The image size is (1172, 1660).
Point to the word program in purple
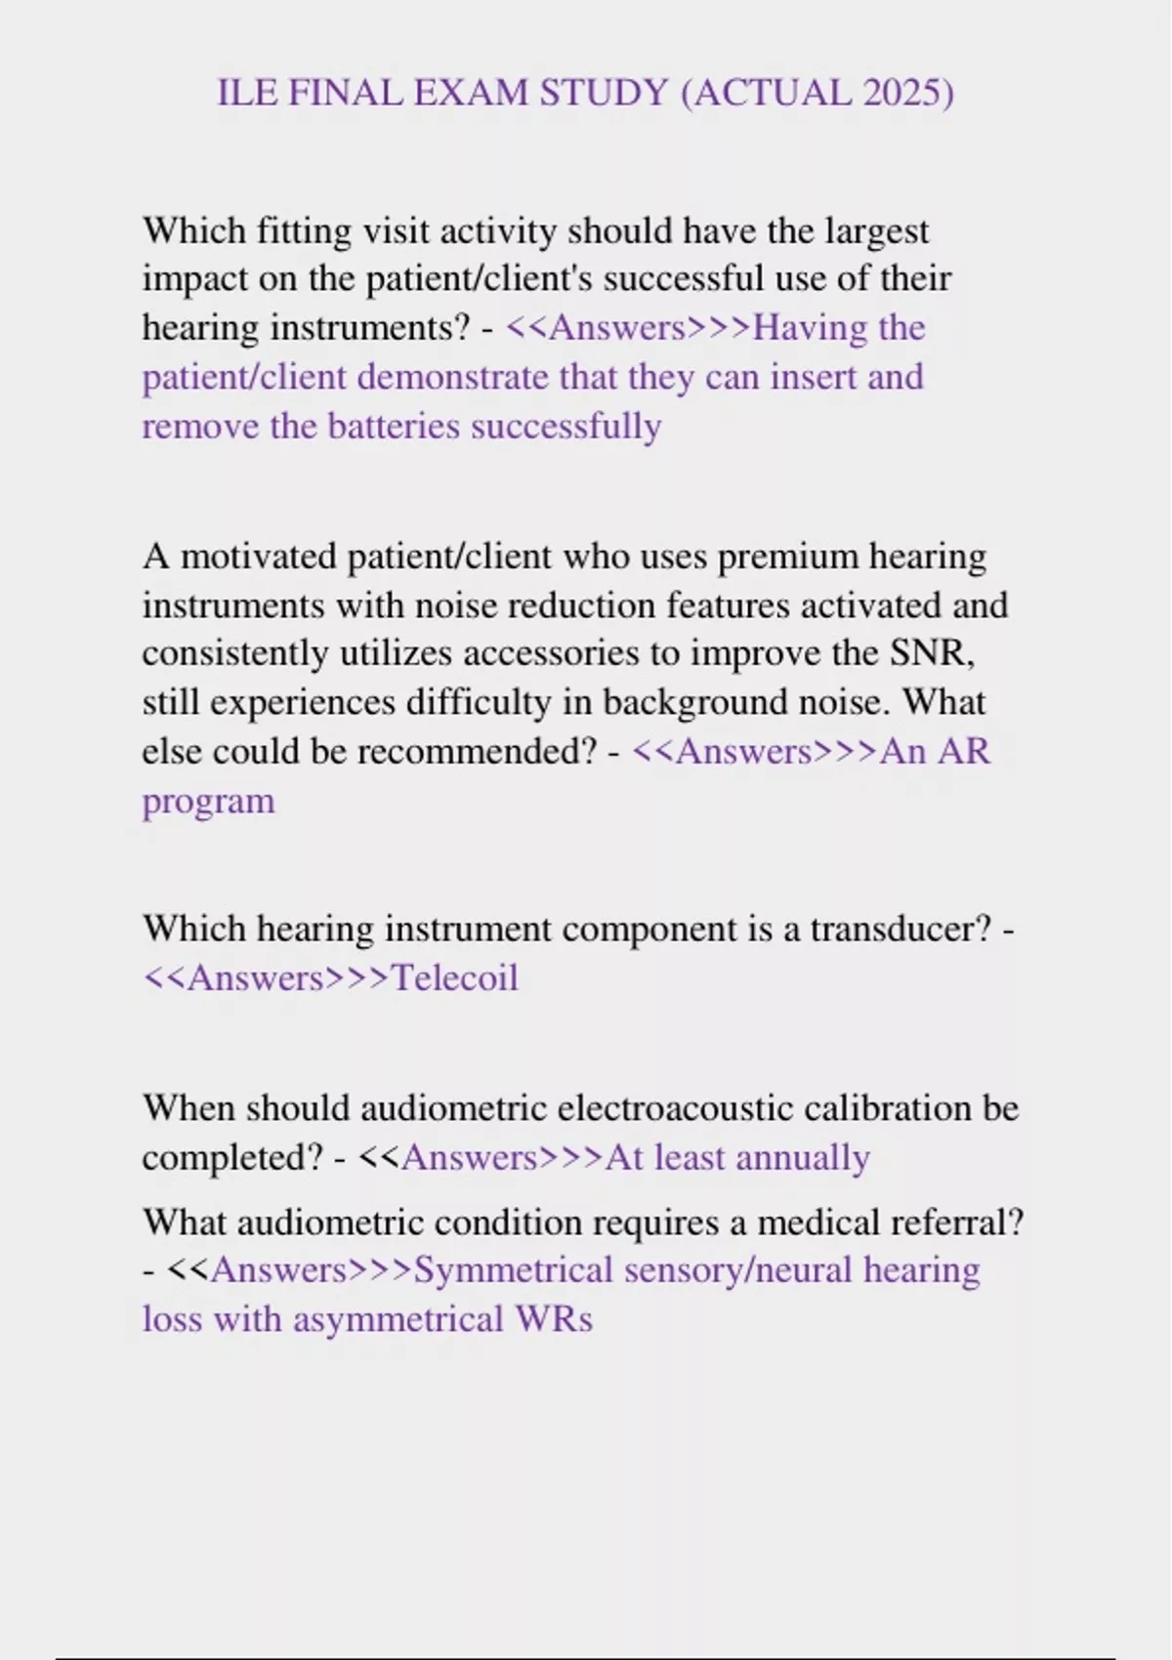[x=208, y=802]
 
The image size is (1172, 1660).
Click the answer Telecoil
[x=454, y=977]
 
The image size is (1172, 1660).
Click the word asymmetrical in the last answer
[x=398, y=1320]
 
